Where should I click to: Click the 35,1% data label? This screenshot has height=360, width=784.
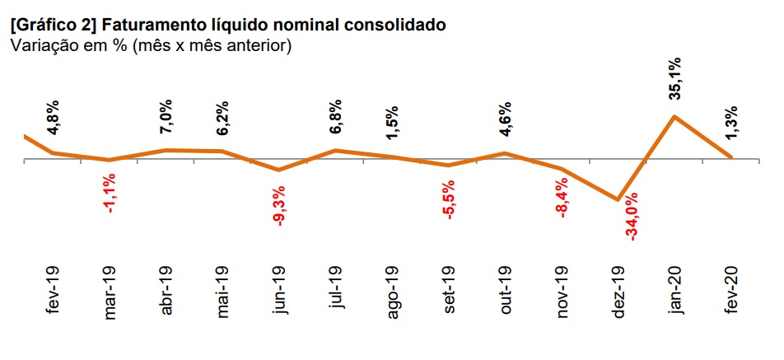point(674,78)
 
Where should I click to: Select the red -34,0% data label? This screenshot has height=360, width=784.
point(632,217)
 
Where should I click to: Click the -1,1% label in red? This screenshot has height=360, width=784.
point(110,195)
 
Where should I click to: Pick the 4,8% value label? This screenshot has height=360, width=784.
point(54,119)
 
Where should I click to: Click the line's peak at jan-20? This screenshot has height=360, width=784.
point(674,116)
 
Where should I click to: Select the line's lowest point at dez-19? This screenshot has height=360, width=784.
point(618,199)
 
